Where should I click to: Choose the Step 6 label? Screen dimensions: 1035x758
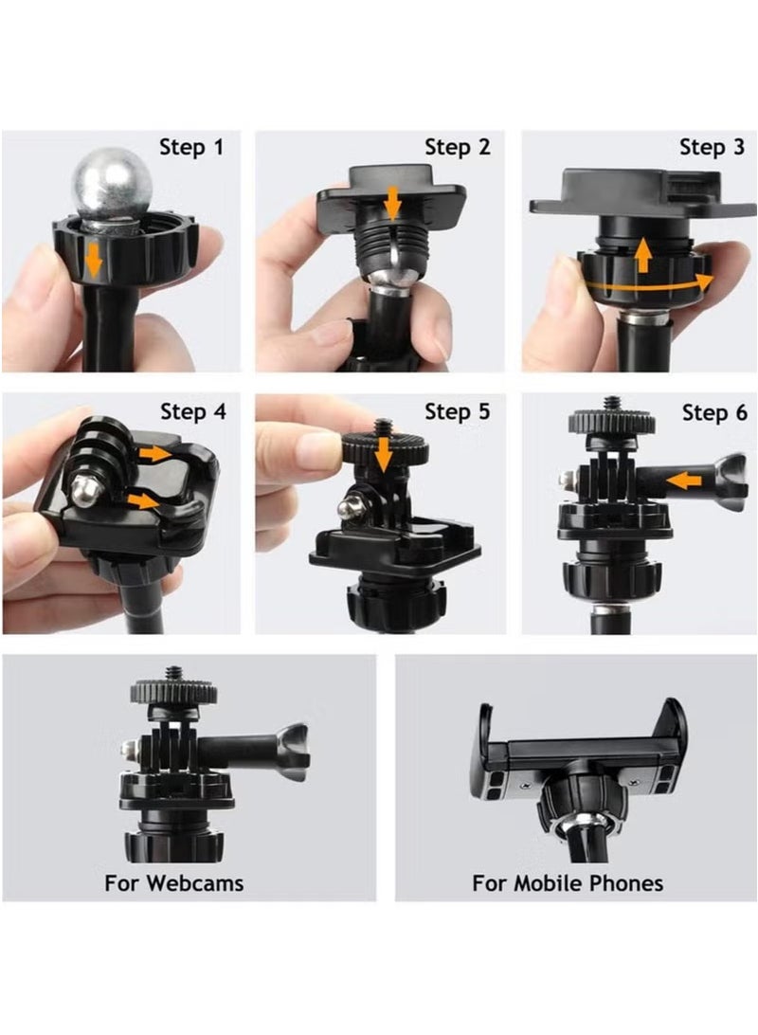tap(713, 412)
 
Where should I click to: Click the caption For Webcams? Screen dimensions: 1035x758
tap(174, 883)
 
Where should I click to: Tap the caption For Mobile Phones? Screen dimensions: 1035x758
tap(568, 883)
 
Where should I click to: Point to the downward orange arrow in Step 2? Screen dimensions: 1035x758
tap(391, 202)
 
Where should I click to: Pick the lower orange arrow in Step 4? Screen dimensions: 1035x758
tap(144, 500)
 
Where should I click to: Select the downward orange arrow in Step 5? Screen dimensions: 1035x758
tap(383, 456)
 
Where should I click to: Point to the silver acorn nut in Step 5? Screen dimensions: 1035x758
tap(348, 508)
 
